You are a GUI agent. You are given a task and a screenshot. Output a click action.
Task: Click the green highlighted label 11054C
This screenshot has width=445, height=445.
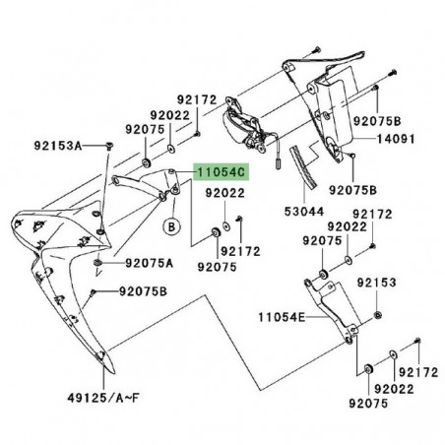pyautogui.click(x=222, y=172)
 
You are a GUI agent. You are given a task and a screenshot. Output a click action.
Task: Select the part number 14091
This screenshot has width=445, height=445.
pyautogui.click(x=396, y=139)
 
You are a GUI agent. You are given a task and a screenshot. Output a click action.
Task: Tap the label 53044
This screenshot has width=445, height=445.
pyautogui.click(x=304, y=212)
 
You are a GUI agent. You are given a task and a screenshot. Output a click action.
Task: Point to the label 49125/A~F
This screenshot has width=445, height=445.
pyautogui.click(x=103, y=398)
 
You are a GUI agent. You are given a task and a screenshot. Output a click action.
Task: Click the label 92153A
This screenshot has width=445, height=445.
pyautogui.click(x=58, y=146)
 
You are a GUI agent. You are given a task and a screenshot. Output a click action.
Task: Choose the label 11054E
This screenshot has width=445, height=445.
pyautogui.click(x=282, y=317)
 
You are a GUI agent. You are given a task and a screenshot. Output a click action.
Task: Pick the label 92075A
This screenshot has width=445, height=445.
pyautogui.click(x=149, y=263)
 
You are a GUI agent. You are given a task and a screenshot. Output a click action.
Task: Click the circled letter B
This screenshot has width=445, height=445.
pyautogui.click(x=171, y=226)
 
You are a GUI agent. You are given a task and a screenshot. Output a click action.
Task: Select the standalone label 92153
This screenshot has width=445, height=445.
pyautogui.click(x=376, y=283)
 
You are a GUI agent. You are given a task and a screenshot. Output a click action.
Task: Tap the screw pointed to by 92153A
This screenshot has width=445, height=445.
pyautogui.click(x=109, y=146)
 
